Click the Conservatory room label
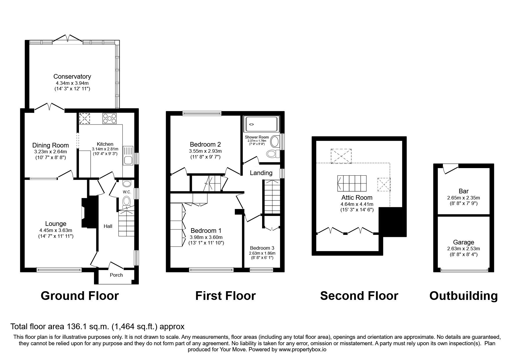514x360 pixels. pos(72,77)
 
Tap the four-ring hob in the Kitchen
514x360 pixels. pos(109,118)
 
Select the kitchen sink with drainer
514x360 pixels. pos(128,156)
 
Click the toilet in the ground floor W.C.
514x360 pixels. pos(127,201)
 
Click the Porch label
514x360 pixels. pos(116,275)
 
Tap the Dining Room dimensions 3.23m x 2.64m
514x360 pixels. pos(51,152)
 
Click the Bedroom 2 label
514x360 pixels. pos(205,144)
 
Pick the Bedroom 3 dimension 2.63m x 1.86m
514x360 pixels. pos(262,253)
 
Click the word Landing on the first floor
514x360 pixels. pos(261,173)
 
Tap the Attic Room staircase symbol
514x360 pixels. pos(352,183)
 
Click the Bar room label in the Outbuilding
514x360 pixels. pos(463,191)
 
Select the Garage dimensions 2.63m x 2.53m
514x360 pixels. pos(463,249)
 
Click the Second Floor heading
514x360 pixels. pos(359,296)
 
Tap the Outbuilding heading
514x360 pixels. pos(463,296)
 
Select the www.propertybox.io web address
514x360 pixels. pos(302,350)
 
